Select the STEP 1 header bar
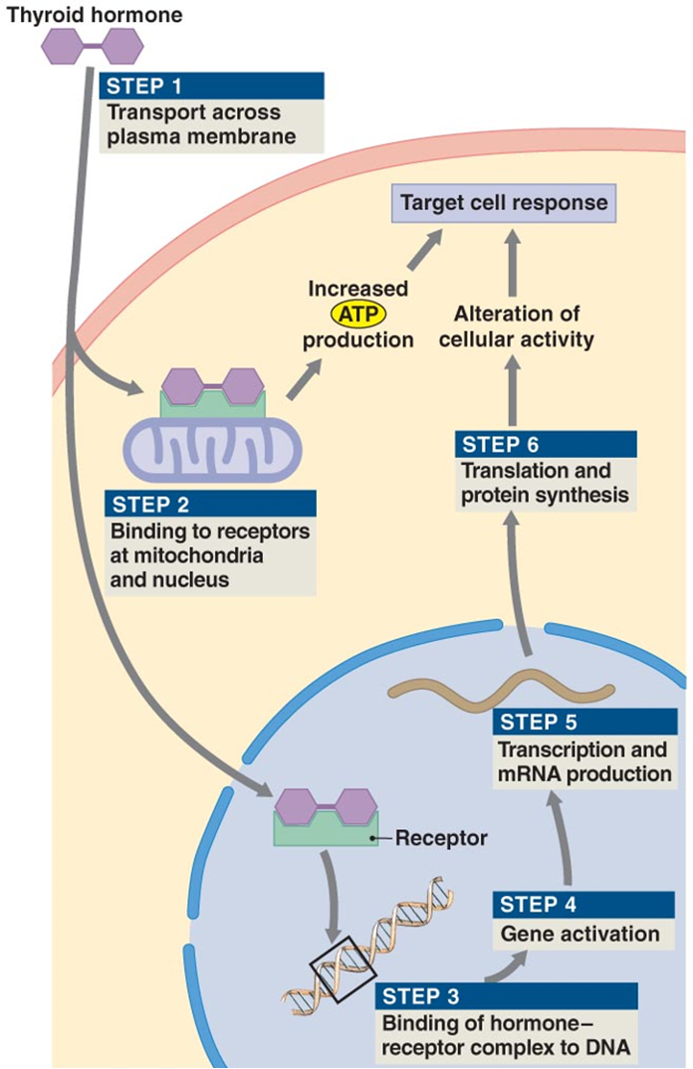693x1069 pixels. tap(212, 85)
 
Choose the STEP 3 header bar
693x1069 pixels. tap(507, 995)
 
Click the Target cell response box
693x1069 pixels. tap(503, 204)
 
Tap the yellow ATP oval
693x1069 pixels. tap(357, 315)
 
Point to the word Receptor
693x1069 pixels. tap(441, 838)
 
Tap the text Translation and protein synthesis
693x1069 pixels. tap(536, 483)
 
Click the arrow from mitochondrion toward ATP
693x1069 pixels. tap(306, 379)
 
